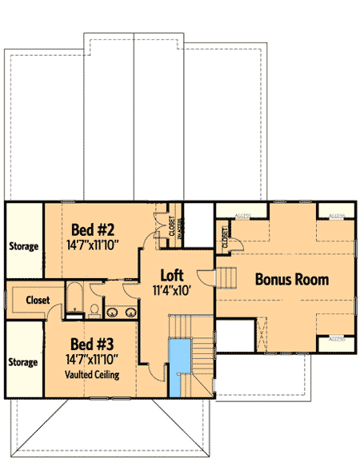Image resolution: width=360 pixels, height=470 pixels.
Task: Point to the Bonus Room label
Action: [292, 281]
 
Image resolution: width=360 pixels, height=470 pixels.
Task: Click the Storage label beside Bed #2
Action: [23, 246]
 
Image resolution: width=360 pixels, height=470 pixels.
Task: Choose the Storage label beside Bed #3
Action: [23, 362]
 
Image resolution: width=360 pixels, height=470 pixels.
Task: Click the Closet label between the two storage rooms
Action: [37, 301]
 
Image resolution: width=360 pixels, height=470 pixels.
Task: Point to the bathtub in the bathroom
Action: [74, 299]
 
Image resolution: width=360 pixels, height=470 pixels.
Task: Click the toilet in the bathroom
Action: [94, 309]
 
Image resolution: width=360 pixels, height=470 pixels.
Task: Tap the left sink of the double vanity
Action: [113, 312]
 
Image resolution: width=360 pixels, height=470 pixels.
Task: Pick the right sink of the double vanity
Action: [128, 312]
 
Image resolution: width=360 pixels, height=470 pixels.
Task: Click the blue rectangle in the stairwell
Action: [177, 366]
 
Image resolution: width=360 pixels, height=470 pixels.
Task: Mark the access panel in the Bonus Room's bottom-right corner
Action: [337, 342]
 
